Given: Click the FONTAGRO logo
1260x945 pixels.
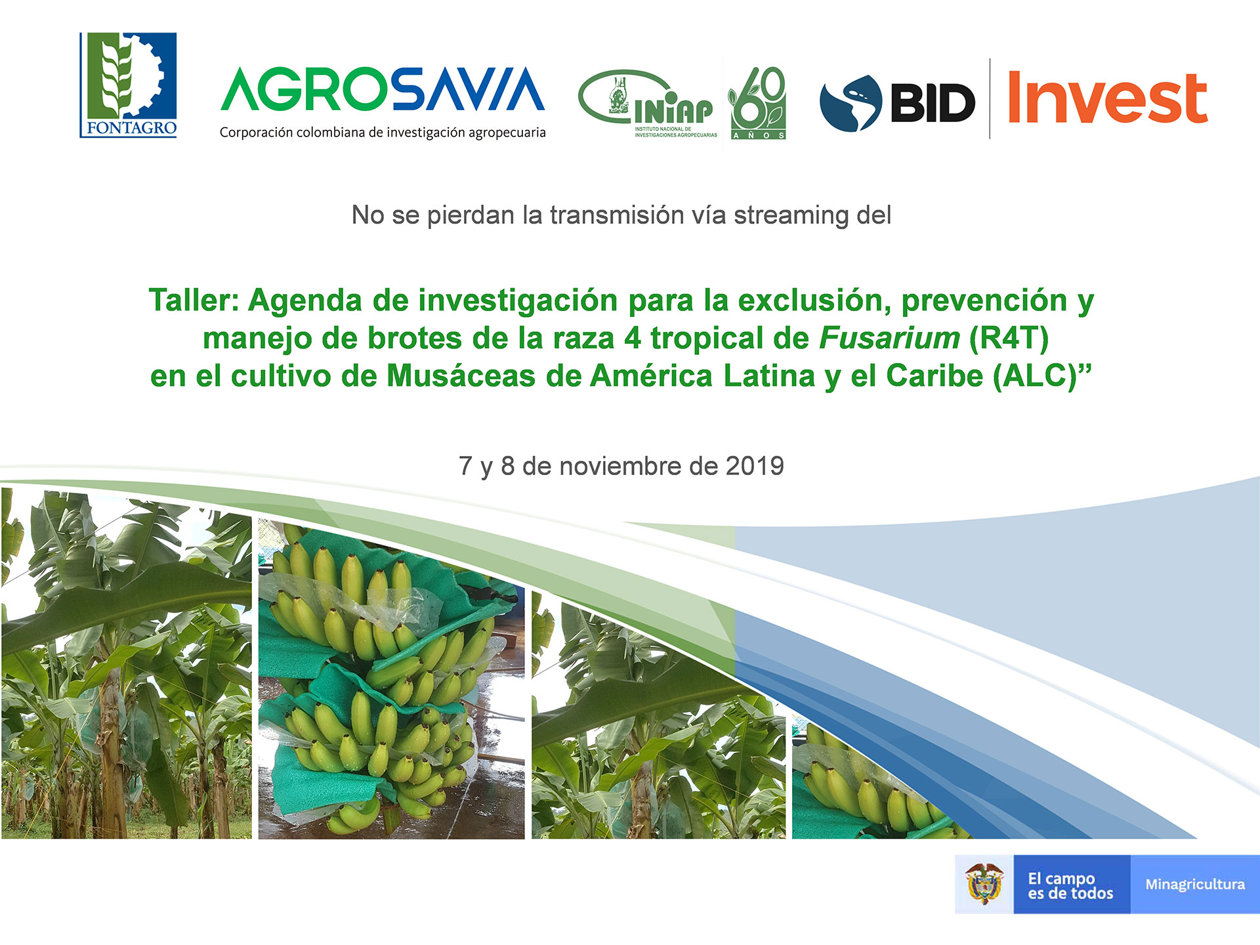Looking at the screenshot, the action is pyautogui.click(x=128, y=85).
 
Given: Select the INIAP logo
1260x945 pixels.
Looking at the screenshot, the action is pyautogui.click(x=648, y=104).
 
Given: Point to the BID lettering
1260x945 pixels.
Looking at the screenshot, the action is pyautogui.click(x=933, y=103).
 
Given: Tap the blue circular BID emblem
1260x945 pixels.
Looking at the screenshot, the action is pyautogui.click(x=850, y=103).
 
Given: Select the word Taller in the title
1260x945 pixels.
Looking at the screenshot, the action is pyautogui.click(x=194, y=301).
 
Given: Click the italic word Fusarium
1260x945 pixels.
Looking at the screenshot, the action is pyautogui.click(x=890, y=338).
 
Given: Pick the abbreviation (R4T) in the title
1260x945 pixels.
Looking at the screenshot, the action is pyautogui.click(x=1009, y=339).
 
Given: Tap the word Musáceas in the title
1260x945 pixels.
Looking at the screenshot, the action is pyautogui.click(x=461, y=376).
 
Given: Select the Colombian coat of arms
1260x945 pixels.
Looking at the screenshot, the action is pyautogui.click(x=984, y=885).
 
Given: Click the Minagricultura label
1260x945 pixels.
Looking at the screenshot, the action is pyautogui.click(x=1195, y=885).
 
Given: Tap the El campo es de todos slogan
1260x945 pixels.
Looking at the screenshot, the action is pyautogui.click(x=1070, y=886).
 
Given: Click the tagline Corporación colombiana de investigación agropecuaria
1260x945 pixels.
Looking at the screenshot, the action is pyautogui.click(x=383, y=133).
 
